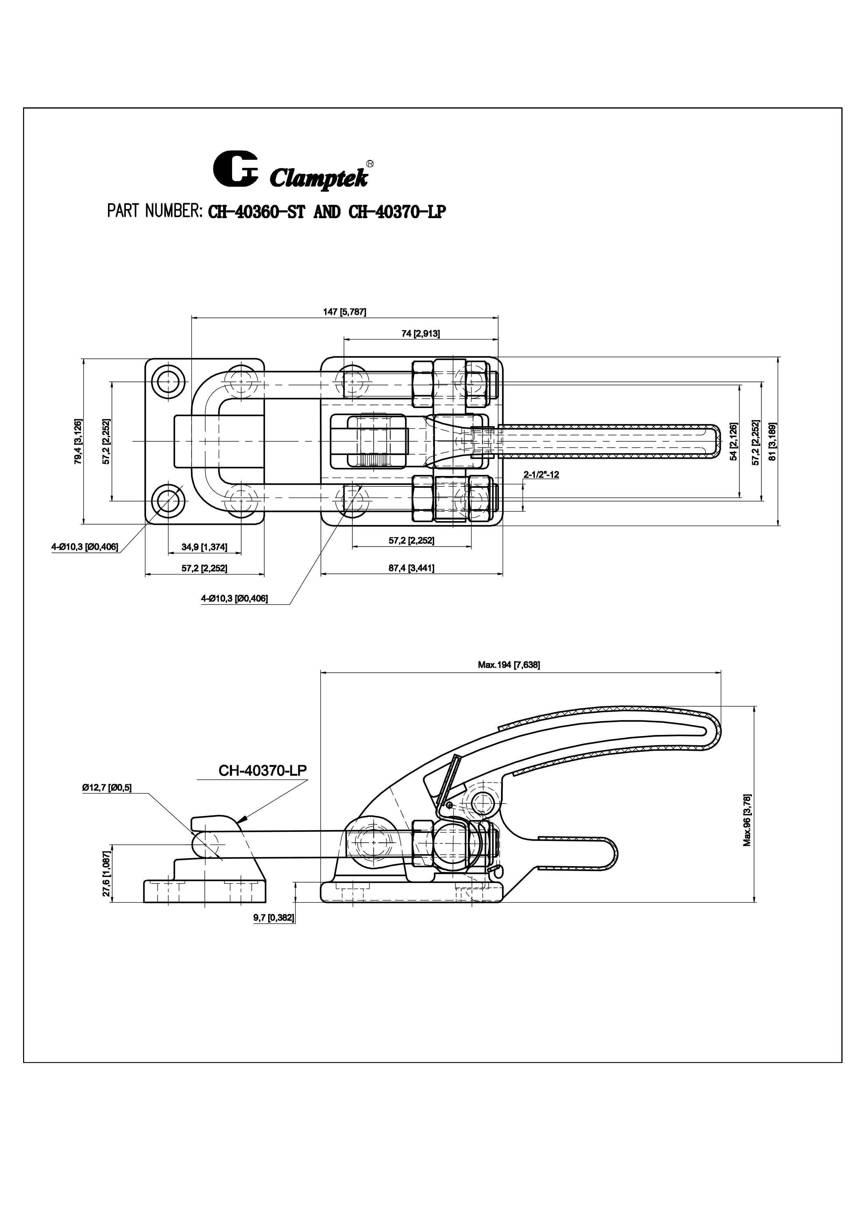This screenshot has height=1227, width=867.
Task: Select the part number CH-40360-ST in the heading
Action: [x=256, y=212]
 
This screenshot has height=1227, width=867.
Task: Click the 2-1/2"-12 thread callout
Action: [x=541, y=474]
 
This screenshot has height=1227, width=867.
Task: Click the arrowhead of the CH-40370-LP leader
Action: [x=242, y=833]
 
